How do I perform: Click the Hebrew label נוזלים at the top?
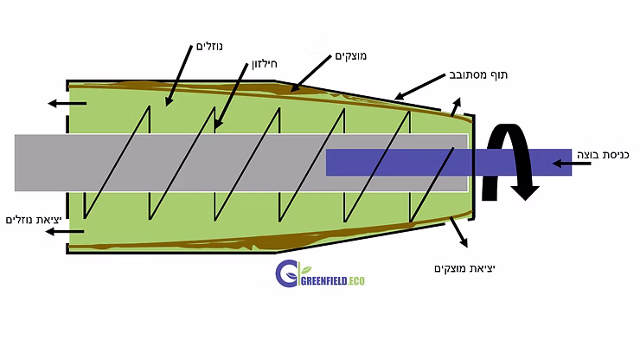[x=209, y=46]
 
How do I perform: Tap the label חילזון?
[x=265, y=64]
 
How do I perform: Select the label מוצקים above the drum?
[x=350, y=56]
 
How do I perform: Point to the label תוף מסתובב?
[x=478, y=75]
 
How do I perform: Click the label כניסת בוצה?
[x=603, y=155]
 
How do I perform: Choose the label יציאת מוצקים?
[x=465, y=268]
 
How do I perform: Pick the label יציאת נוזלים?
[x=34, y=221]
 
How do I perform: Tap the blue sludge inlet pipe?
[x=449, y=162]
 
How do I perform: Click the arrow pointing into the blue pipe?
[x=572, y=164]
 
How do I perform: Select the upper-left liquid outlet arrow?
[x=67, y=103]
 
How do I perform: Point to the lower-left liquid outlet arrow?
[x=65, y=232]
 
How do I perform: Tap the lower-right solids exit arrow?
[x=458, y=232]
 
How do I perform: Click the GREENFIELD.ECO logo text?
[x=333, y=280]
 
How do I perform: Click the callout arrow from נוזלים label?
[x=179, y=76]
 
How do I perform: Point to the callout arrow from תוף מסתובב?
[x=419, y=87]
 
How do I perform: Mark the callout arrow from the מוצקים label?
[x=310, y=74]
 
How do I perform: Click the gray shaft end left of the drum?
[x=41, y=163]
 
